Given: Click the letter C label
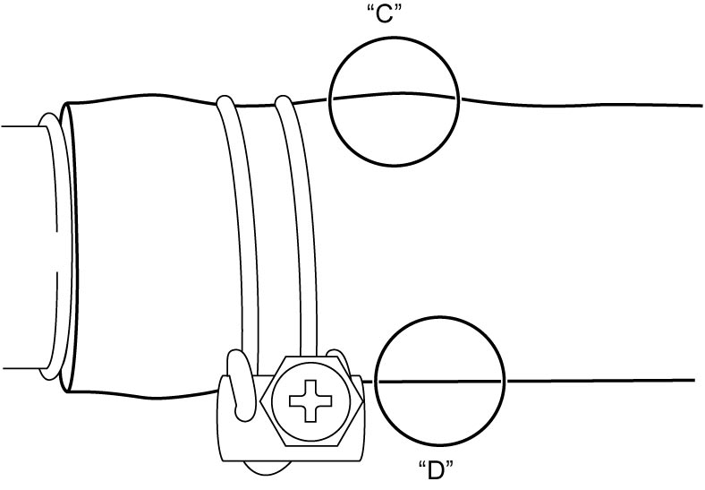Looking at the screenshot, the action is (384, 15).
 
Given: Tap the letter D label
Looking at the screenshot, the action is (435, 470).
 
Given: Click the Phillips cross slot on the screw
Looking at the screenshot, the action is (310, 400).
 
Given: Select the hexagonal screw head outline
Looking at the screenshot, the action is (311, 400).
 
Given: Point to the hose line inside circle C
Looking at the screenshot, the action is (395, 96).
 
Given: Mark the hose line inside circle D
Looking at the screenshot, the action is (439, 382).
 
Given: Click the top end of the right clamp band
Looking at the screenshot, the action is (284, 100).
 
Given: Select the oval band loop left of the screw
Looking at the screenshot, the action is (241, 385).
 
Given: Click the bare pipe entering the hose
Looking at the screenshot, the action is (25, 247).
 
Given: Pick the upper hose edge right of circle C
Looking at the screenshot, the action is (581, 105).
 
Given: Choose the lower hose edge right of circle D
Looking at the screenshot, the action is (600, 381).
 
